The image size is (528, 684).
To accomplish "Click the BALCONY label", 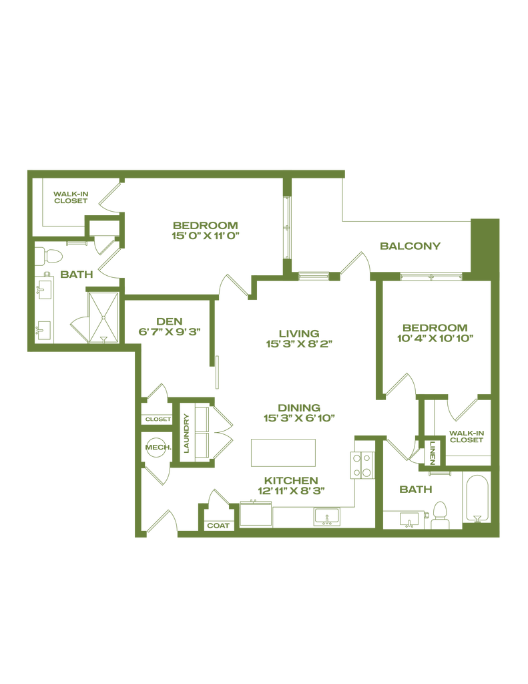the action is point(410,246).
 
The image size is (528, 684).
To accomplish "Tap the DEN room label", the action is point(169,321).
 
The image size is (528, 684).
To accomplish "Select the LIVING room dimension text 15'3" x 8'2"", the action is point(299,344).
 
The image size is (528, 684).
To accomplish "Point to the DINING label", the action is point(299,408).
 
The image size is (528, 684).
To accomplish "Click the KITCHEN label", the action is point(291,480).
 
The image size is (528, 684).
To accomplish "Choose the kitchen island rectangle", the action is point(283,453).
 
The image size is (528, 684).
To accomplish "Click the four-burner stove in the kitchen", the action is point(362,466).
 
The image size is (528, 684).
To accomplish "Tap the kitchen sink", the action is point(327,517).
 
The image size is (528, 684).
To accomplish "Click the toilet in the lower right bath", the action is point(440,515).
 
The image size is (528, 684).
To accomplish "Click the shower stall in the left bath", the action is point(103,317).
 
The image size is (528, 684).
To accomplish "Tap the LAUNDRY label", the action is point(187,433).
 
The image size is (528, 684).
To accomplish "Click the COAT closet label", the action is point(218,526).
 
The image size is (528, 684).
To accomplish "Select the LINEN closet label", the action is point(432,454).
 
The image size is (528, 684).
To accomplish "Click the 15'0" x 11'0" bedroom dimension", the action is point(206,236).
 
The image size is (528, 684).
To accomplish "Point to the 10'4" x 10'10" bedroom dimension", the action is point(435,338).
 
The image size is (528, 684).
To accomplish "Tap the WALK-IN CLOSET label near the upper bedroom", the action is point(71,197).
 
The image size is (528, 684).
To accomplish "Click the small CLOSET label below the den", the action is point(158,419).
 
